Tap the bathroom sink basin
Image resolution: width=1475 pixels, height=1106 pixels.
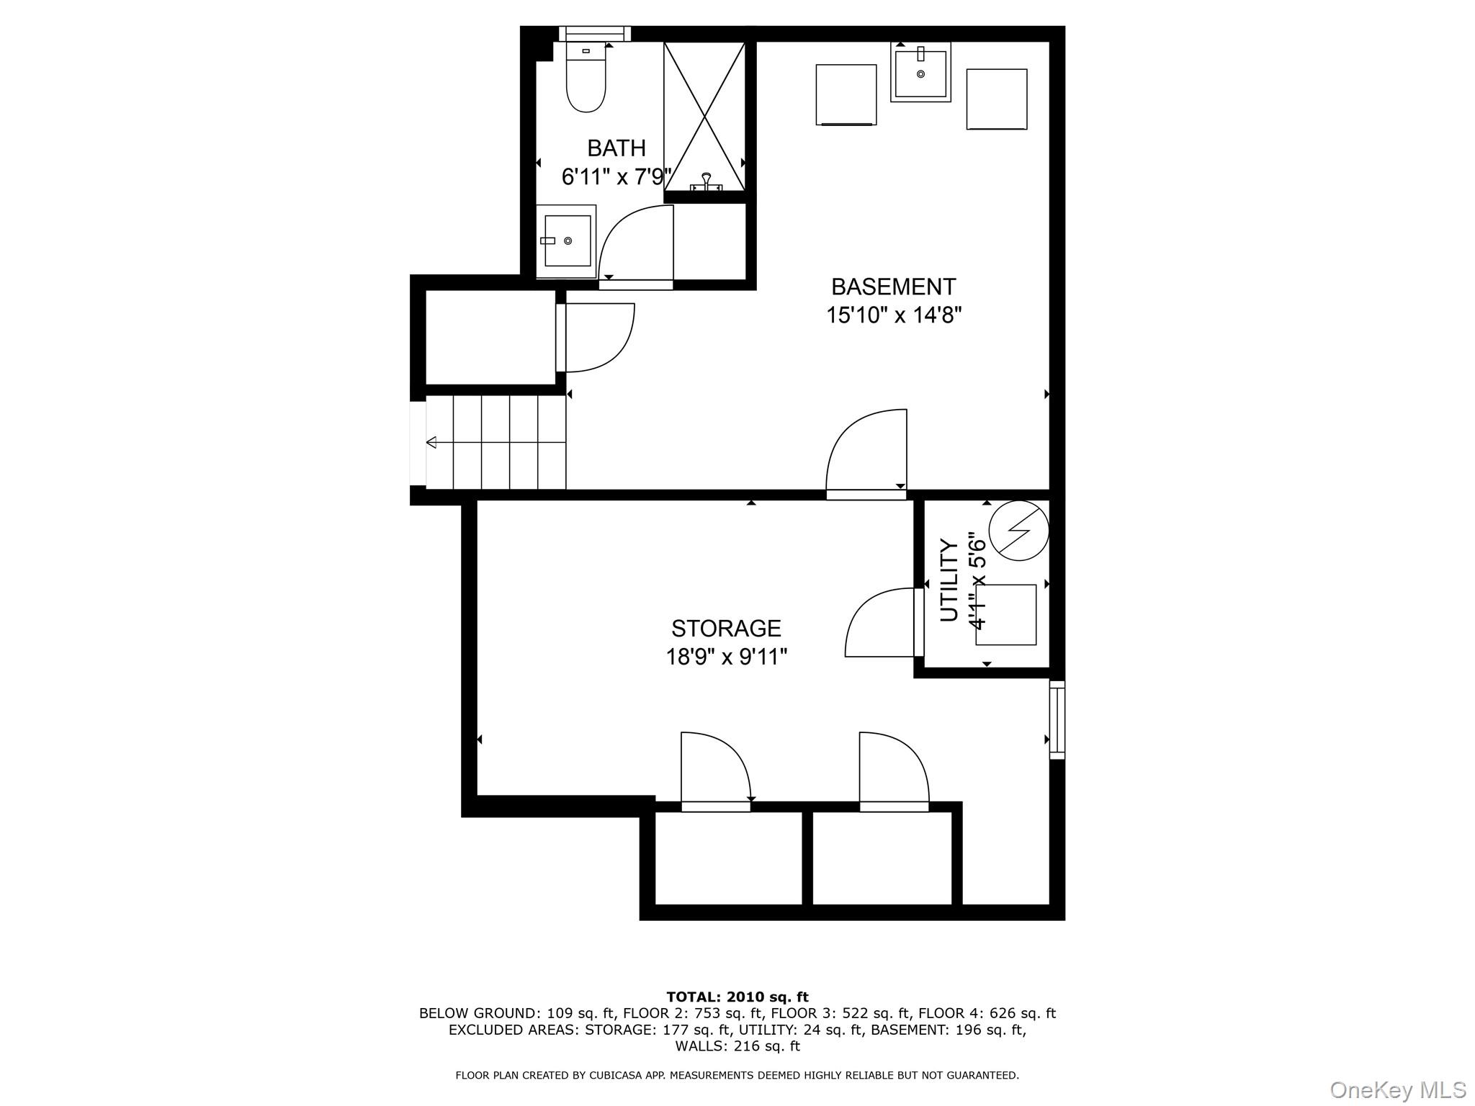pos(567,240)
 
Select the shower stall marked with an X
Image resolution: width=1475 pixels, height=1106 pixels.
pos(704,115)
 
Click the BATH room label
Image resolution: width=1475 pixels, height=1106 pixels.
pos(616,148)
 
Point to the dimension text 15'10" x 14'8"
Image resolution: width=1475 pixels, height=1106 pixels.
pos(893,315)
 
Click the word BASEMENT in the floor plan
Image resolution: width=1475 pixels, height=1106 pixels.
pos(893,287)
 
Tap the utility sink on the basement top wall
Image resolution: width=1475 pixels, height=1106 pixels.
pos(920,72)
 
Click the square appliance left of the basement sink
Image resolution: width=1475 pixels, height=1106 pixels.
pos(846,94)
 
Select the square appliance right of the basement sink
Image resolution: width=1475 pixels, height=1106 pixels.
pos(996,99)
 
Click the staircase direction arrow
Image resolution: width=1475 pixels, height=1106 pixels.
pos(432,442)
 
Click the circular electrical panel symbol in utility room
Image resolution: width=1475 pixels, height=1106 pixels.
pos(1018,531)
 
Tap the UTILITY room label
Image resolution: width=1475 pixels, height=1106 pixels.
pos(949,580)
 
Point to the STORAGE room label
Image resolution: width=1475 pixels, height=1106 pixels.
pos(726,629)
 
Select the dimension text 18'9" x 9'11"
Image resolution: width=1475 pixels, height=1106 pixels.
pos(726,657)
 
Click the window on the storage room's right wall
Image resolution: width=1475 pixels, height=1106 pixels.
pos(1057,720)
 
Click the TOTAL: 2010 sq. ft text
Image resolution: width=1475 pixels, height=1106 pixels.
pos(737,997)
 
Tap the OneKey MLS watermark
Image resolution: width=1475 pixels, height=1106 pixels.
pos(1396,1089)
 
